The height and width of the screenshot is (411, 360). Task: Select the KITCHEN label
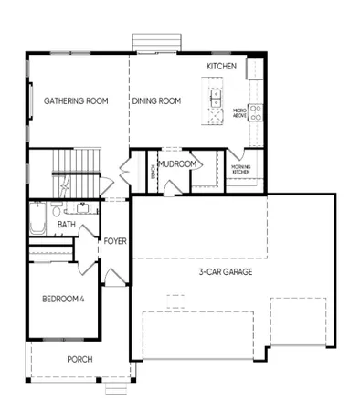pos(222,68)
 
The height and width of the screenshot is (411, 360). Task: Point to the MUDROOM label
pos(177,164)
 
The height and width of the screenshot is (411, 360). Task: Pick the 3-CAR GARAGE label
pos(226,271)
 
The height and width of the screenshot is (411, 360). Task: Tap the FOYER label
pos(114,241)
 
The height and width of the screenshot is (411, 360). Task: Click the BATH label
pos(66,224)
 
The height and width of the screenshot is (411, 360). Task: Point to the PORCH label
pos(79,359)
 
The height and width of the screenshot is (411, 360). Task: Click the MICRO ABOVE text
pos(240,111)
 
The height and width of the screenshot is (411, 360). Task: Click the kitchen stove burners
pos(257,113)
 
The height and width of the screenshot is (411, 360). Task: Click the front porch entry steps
pos(113,388)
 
